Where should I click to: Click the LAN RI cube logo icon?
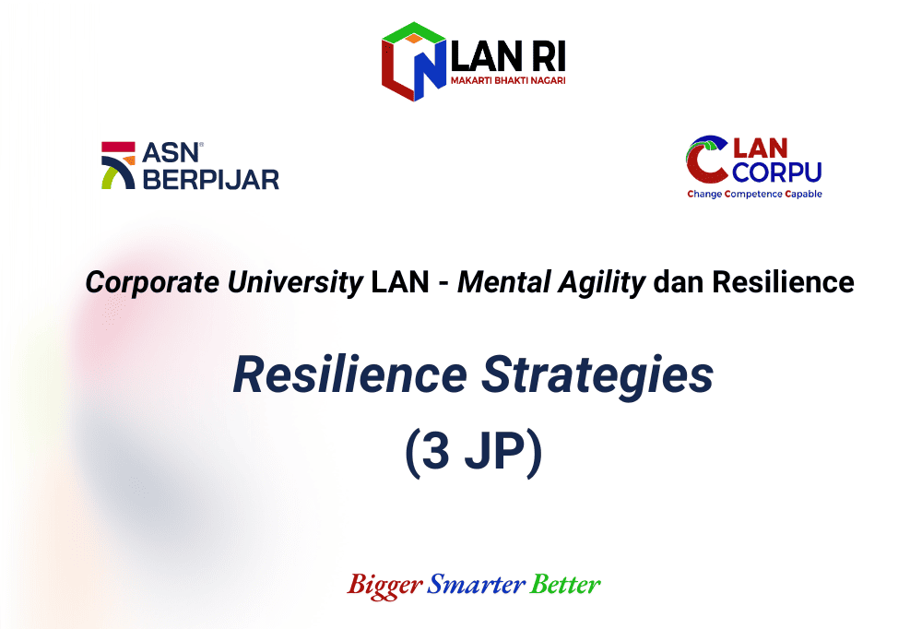click(x=413, y=62)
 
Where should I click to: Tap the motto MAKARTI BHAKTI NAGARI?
click(x=508, y=80)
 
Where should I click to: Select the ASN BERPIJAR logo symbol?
click(x=118, y=165)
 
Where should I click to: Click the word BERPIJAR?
click(x=211, y=180)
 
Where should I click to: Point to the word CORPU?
click(x=776, y=172)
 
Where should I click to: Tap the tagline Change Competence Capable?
click(x=754, y=195)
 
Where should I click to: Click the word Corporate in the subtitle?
click(x=152, y=283)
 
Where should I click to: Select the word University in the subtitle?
click(x=295, y=283)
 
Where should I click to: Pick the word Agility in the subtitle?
click(x=601, y=283)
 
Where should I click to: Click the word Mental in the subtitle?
click(x=504, y=282)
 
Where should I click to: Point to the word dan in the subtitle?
click(x=679, y=282)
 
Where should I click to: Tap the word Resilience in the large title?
click(x=349, y=374)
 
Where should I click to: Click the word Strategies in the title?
click(x=597, y=377)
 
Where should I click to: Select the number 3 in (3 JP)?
click(x=436, y=450)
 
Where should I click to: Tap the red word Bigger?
click(x=384, y=586)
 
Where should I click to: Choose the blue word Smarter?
click(x=477, y=585)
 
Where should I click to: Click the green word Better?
click(x=565, y=585)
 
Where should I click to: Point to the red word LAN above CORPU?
click(x=761, y=148)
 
